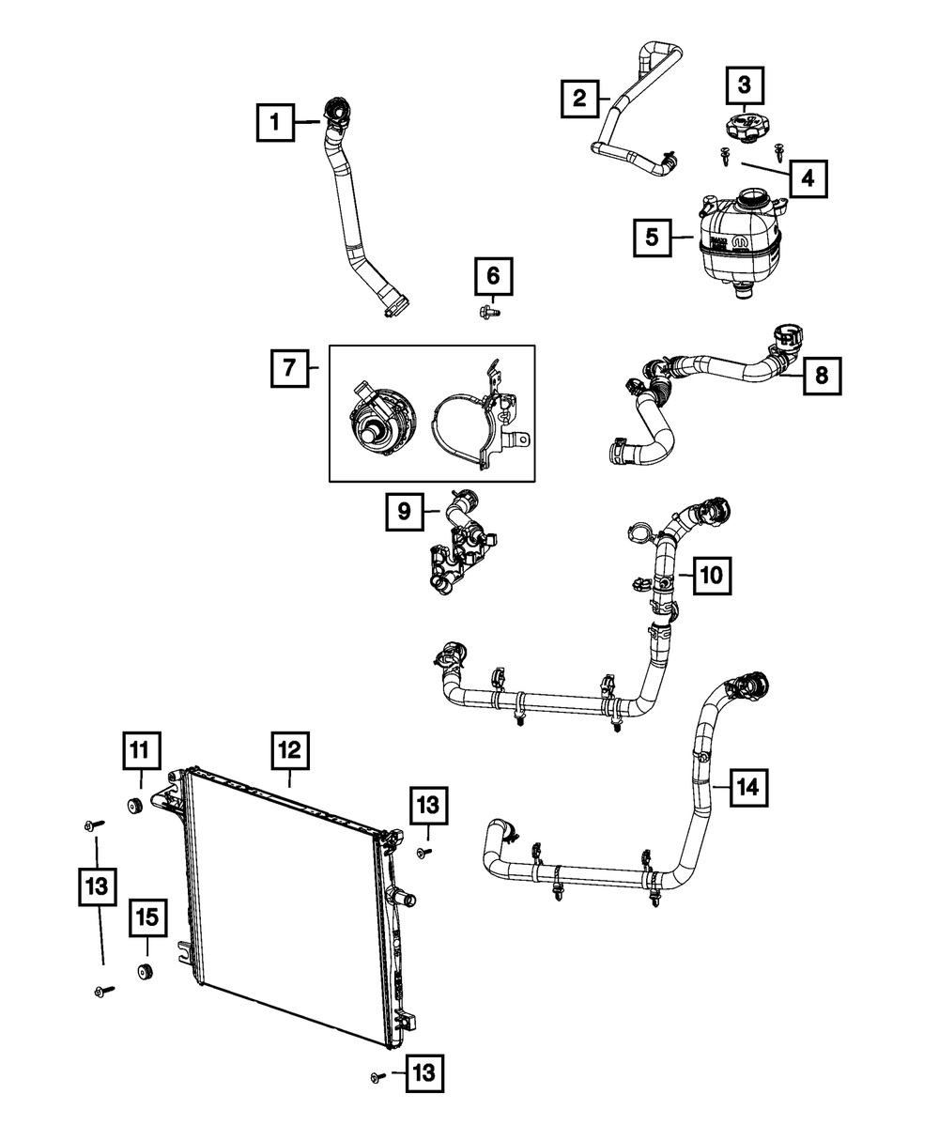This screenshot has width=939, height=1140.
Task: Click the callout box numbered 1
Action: click(275, 122)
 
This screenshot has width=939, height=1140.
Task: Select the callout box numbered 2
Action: click(580, 98)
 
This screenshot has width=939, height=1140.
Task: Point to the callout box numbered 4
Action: click(808, 177)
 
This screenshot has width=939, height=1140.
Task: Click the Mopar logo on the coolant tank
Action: click(740, 242)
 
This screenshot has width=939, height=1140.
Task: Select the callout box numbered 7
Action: click(289, 368)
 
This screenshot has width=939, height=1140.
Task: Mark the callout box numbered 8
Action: click(822, 376)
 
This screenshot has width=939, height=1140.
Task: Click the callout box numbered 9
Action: click(404, 512)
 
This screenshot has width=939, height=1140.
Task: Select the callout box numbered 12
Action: click(289, 750)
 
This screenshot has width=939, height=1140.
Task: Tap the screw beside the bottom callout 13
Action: click(378, 1077)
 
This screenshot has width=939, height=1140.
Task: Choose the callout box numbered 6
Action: click(494, 277)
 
